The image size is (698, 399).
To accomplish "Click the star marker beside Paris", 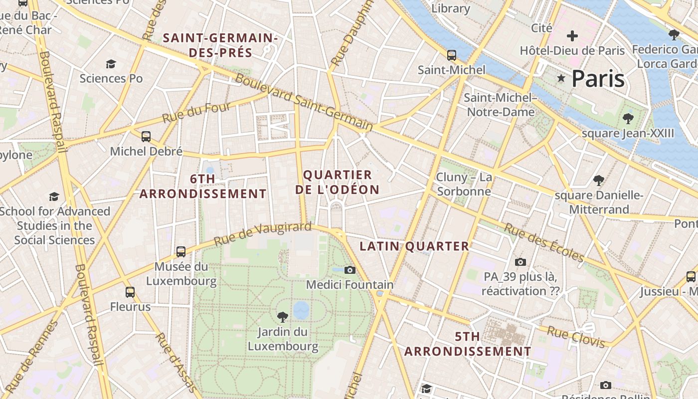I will coord(561,78).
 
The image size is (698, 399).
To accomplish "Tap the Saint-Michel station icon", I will coord(451,55).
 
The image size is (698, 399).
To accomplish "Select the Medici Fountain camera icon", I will coord(350,270).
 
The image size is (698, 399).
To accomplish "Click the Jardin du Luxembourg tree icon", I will coord(283,317).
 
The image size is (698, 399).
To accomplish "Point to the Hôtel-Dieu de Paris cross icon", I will coord(572,36).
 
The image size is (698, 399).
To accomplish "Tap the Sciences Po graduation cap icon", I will coord(111,64).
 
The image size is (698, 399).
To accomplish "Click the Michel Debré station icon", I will coord(146,136).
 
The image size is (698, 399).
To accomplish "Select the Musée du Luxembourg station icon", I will coord(181,252).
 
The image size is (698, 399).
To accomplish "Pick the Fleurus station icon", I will coord(130,292).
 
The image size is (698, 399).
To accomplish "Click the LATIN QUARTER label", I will coord(414,246).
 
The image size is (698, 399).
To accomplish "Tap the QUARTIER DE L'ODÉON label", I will coord(338,182).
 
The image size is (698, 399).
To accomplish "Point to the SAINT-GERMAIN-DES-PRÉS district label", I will coord(220,45).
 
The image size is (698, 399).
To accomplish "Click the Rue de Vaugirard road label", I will coord(263,233).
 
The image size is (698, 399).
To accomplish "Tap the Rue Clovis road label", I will coord(576,337).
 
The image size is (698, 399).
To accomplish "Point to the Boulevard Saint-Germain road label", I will coord(304,102).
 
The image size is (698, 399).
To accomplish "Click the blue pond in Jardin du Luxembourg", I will coord(301,310).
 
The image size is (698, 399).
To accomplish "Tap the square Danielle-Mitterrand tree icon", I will coord(598,180).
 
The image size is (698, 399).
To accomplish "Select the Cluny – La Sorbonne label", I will coord(464,184).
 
